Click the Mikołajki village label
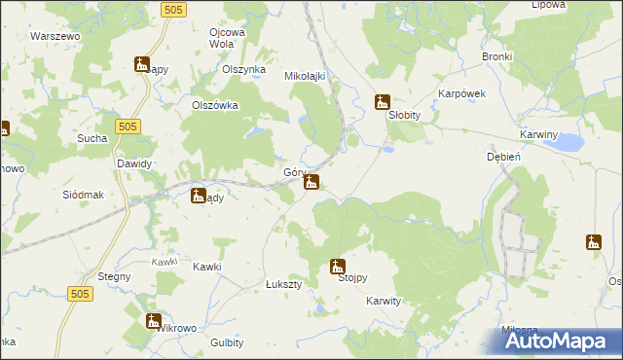coord(304,76)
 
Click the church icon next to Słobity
coord(383,100)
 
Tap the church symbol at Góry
coord(311,182)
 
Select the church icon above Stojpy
coord(337,265)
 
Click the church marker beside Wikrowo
coord(153,320)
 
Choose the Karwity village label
coord(384,302)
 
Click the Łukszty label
coord(284,284)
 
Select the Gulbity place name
coord(227,342)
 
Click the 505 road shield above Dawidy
coord(128,126)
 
